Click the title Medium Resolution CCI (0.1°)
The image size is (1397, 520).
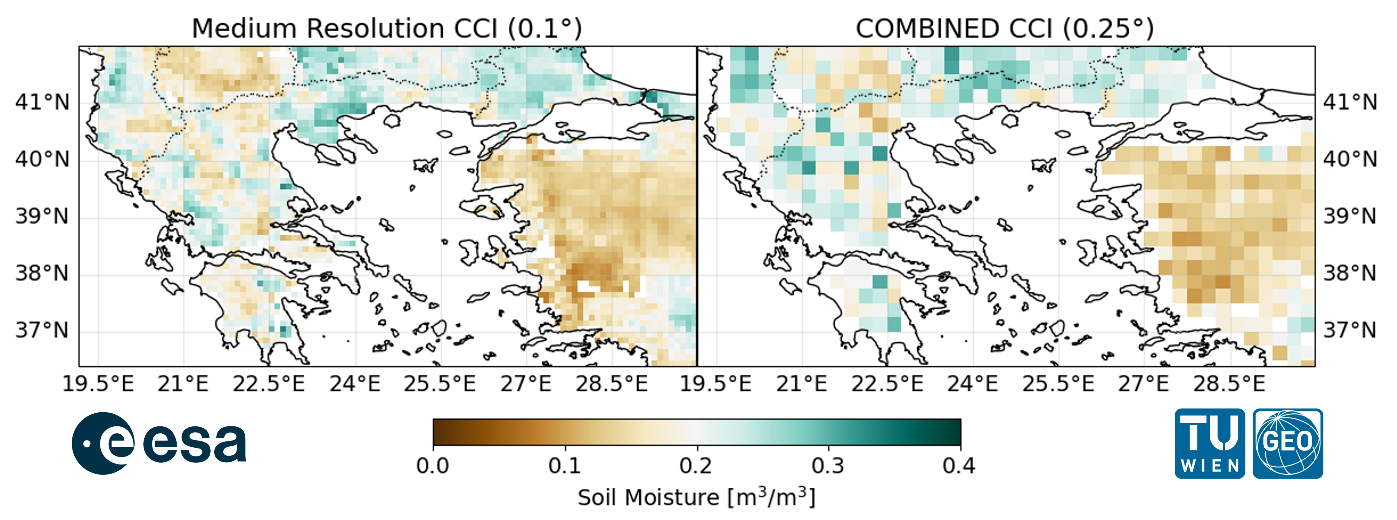387,28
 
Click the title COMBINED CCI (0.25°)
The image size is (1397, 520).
1004,28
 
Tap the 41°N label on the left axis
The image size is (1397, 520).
42,102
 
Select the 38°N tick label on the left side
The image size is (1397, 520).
42,273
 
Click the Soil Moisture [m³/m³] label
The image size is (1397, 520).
697,497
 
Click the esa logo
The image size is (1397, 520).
158,443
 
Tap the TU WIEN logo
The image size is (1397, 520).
1209,443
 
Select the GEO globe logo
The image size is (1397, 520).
1288,443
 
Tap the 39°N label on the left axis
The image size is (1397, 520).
42,216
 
